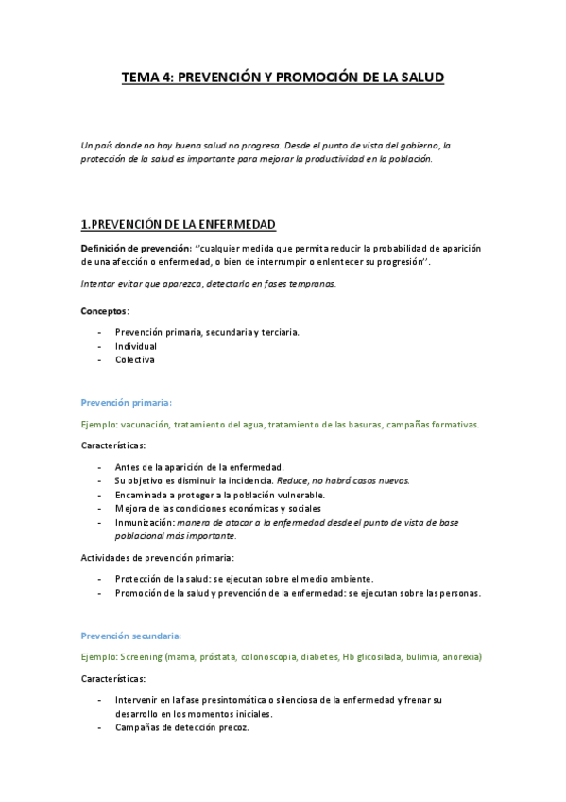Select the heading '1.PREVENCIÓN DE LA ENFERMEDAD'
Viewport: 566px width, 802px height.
click(x=179, y=224)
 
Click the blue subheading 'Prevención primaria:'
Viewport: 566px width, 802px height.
click(x=127, y=401)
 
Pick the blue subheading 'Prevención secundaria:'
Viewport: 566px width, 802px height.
click(x=131, y=636)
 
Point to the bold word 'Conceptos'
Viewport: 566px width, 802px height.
click(x=105, y=310)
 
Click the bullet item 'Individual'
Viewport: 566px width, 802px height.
click(x=136, y=346)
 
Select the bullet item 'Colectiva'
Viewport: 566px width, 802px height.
click(x=135, y=359)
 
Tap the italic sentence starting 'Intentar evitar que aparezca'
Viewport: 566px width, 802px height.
click(x=209, y=284)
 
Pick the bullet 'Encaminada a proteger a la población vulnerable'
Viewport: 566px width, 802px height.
click(x=220, y=495)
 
